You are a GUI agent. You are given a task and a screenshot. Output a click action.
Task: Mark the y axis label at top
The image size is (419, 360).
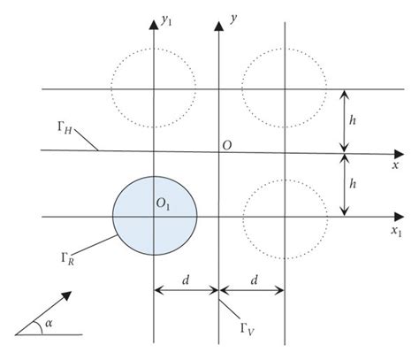click(x=232, y=17)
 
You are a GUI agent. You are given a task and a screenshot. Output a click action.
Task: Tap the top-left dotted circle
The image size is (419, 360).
click(x=153, y=88)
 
